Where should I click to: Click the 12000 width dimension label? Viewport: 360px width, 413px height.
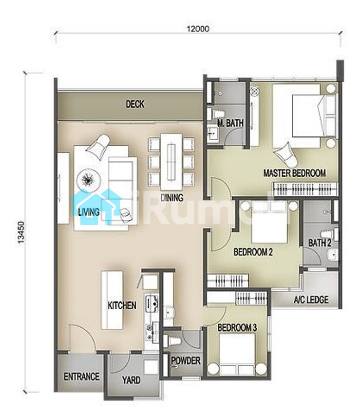pyautogui.click(x=198, y=28)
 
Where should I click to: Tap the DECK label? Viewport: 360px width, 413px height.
pyautogui.click(x=135, y=104)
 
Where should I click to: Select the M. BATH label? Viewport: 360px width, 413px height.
pyautogui.click(x=230, y=123)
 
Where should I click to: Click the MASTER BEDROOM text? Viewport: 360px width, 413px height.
pyautogui.click(x=294, y=173)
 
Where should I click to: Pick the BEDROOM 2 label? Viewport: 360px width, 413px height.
pyautogui.click(x=253, y=252)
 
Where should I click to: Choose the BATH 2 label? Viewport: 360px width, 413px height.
pyautogui.click(x=320, y=243)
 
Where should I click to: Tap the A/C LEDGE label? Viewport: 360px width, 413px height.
pyautogui.click(x=311, y=300)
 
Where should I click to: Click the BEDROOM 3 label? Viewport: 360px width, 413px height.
pyautogui.click(x=237, y=327)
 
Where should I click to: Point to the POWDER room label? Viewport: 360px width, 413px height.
pyautogui.click(x=186, y=360)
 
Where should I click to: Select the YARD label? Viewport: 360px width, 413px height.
pyautogui.click(x=131, y=380)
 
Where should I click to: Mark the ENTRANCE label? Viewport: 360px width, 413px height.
pyautogui.click(x=82, y=376)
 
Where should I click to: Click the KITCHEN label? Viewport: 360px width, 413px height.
pyautogui.click(x=122, y=305)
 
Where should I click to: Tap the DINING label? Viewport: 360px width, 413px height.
pyautogui.click(x=172, y=198)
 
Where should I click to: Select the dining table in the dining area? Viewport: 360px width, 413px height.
pyautogui.click(x=171, y=162)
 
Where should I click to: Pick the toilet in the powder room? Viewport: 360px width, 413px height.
pyautogui.click(x=174, y=341)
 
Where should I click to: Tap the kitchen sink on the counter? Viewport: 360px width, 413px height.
pyautogui.click(x=152, y=304)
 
